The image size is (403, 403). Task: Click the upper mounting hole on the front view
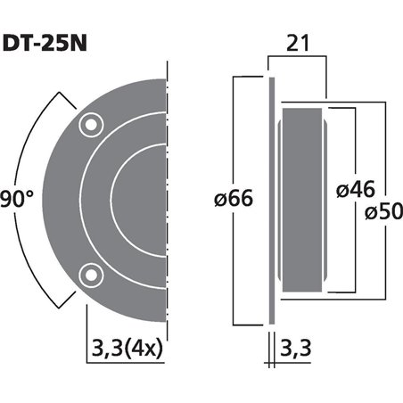tap(88, 127)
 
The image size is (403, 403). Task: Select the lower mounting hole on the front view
tap(88, 273)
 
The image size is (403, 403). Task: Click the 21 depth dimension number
tap(299, 42)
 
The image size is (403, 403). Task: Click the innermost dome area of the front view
tap(143, 201)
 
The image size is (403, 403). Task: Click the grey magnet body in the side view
tap(303, 201)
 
